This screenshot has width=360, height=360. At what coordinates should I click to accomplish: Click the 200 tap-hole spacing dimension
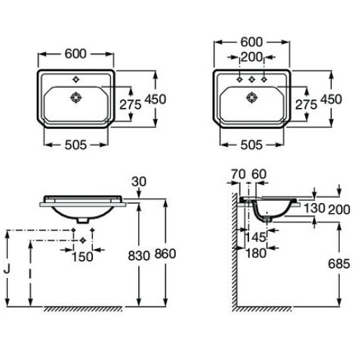click(x=251, y=57)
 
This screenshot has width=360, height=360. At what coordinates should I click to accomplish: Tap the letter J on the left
click(x=7, y=269)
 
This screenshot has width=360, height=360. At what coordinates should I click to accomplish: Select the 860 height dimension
click(x=165, y=253)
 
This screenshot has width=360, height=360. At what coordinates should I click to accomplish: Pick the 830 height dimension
click(x=139, y=256)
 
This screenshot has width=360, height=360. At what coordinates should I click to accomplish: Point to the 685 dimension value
click(x=339, y=264)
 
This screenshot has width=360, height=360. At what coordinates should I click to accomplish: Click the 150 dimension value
click(x=82, y=257)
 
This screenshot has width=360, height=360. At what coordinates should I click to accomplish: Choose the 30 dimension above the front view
click(x=139, y=181)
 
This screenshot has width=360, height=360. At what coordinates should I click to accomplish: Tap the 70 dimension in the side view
click(x=238, y=174)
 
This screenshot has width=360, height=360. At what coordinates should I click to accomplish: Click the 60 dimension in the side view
click(x=259, y=174)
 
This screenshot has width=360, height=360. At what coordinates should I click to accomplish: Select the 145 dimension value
click(x=256, y=238)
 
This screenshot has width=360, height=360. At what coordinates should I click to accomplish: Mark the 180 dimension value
click(x=256, y=253)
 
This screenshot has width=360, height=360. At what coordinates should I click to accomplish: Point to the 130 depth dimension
click(x=315, y=208)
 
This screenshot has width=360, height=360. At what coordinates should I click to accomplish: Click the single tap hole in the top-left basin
click(x=76, y=79)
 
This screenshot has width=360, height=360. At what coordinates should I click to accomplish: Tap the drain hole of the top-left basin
click(x=76, y=97)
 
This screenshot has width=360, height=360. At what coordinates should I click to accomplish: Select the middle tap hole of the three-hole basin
click(x=252, y=79)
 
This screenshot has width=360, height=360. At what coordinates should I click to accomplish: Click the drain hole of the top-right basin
click(x=252, y=97)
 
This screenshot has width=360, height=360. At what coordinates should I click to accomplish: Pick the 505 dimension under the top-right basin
click(x=251, y=145)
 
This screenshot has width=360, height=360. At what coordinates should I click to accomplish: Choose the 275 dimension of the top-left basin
click(x=130, y=104)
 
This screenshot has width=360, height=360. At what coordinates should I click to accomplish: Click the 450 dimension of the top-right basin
click(x=331, y=99)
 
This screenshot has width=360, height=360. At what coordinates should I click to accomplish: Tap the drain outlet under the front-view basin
click(x=83, y=220)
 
